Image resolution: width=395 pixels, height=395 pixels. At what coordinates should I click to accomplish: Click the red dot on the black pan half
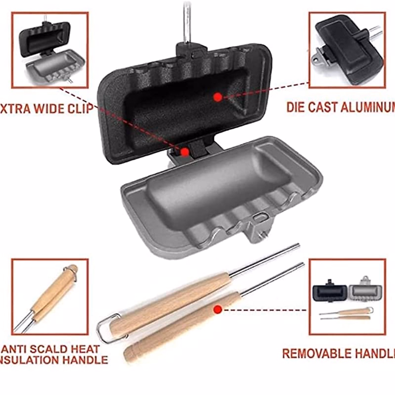click(217, 97)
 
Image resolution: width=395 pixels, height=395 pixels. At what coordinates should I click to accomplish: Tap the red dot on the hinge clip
click(185, 152)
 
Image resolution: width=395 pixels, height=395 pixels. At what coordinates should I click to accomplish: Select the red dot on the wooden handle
click(217, 309)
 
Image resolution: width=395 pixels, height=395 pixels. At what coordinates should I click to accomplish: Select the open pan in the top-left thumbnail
click(49, 53)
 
